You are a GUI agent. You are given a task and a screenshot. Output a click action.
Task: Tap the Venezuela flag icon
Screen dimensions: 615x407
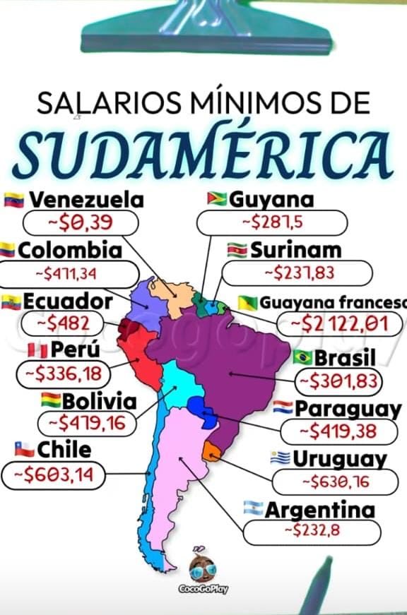coord(14,199)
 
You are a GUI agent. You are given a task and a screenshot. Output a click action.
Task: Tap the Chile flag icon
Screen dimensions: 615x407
coord(24,449)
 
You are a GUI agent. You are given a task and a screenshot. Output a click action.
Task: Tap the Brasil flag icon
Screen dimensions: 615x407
coord(302,357)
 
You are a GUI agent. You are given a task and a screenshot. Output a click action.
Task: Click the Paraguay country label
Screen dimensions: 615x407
coord(347,408)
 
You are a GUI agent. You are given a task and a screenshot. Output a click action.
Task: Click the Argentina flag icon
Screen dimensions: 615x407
coord(253,508)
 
